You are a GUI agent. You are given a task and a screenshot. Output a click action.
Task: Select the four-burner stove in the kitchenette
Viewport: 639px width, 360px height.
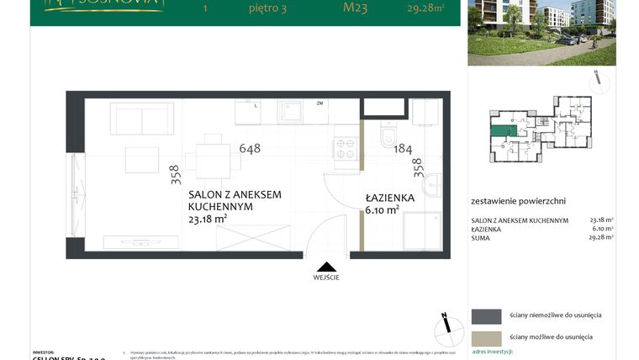(x=346, y=148)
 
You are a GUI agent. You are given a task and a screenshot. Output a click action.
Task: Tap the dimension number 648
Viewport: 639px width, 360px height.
(x=250, y=149)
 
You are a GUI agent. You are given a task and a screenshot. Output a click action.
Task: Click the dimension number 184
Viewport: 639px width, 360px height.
(x=403, y=149)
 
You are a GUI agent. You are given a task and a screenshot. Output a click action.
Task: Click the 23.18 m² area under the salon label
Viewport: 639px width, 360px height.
(x=208, y=219)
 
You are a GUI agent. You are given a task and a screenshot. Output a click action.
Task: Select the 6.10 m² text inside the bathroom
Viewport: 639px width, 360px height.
(x=381, y=210)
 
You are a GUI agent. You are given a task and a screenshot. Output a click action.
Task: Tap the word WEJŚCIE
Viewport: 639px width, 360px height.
(x=326, y=276)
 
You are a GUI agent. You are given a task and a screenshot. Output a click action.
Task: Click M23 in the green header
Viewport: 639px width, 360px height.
(x=355, y=10)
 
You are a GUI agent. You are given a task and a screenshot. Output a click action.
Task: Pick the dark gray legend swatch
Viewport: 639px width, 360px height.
(x=486, y=316)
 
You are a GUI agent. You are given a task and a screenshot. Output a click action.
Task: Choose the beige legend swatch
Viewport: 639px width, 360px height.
(x=486, y=337)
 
